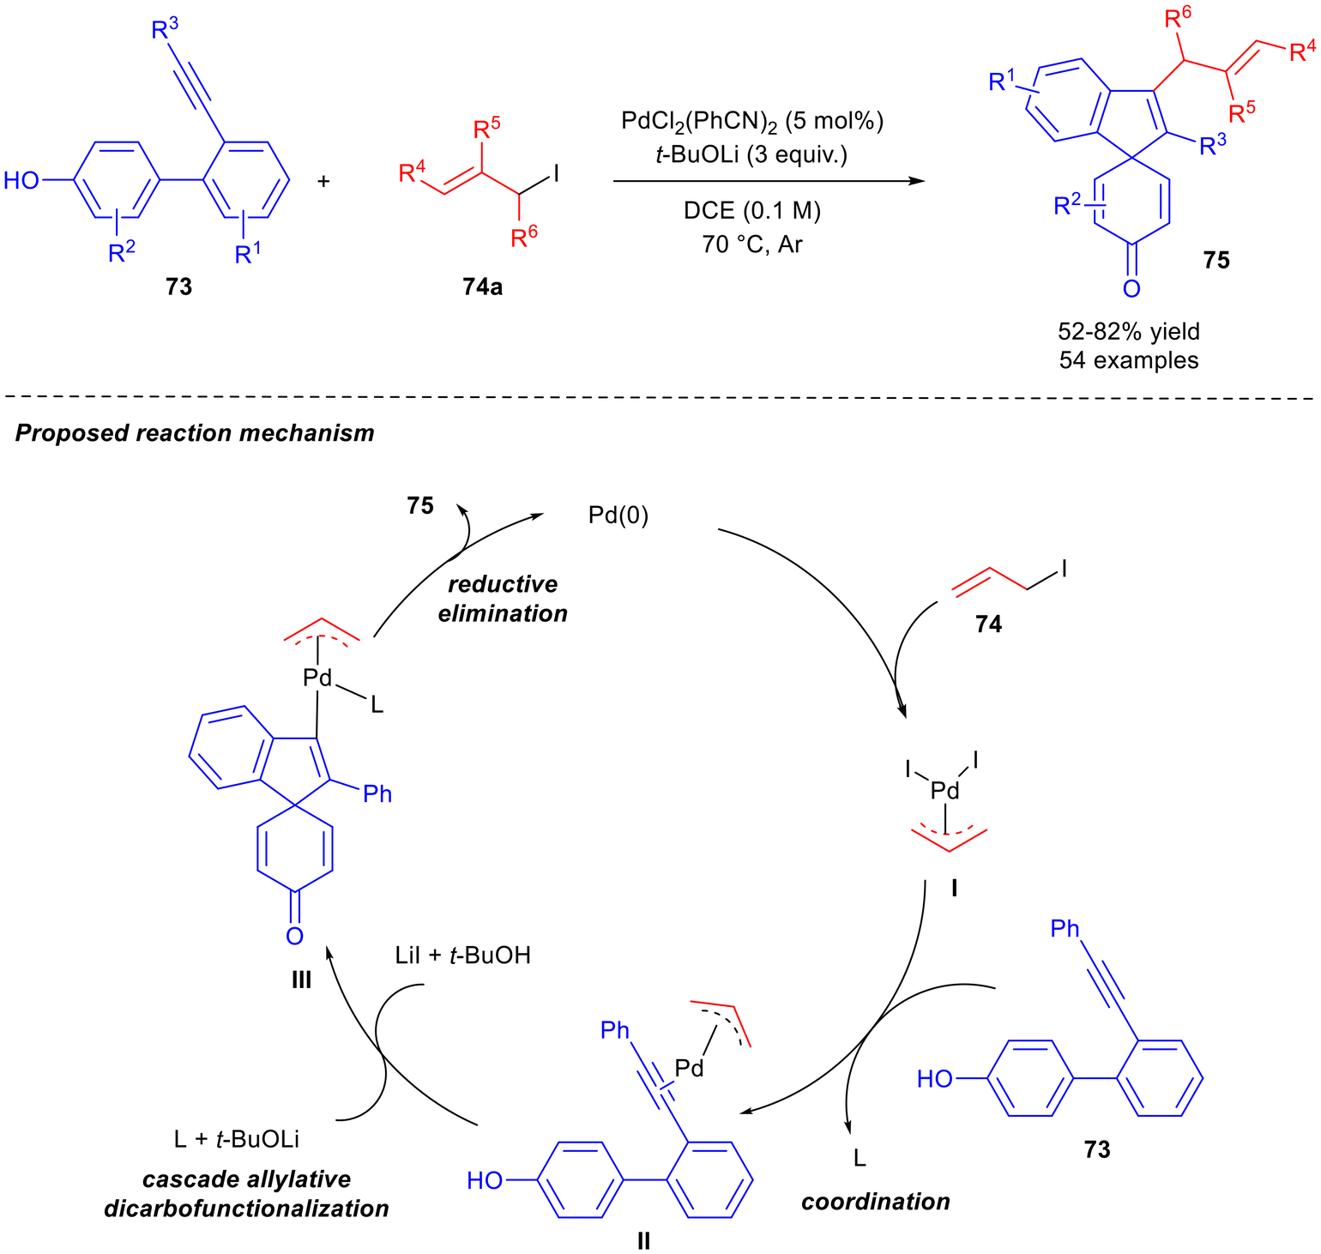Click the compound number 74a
pos(482,286)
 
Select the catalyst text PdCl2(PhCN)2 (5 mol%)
pos(752,122)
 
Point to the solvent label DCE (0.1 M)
pos(751,211)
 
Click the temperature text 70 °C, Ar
pos(751,244)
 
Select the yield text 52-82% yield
pos(1129,332)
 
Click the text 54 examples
pos(1129,360)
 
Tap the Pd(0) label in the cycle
pos(618,515)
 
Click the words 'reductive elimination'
pos(503,599)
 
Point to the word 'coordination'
pos(876,1202)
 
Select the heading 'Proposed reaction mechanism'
pos(195,432)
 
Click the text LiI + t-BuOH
pos(462,956)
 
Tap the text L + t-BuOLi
pos(237,1140)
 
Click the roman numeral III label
pos(301,980)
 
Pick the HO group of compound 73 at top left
pos(22,181)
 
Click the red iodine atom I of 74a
pos(556,174)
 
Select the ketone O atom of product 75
pos(1131,288)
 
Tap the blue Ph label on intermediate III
pos(377,794)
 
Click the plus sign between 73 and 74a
pos(324,181)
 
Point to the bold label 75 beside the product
pos(1216,260)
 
